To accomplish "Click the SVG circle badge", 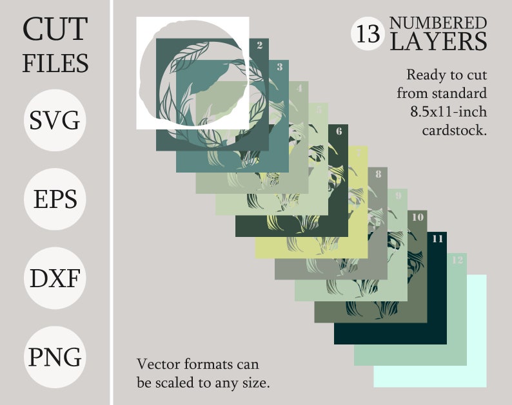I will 55,120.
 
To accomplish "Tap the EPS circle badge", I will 55,200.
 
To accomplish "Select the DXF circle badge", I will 55,279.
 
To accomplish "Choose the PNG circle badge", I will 55,357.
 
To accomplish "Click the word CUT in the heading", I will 55,30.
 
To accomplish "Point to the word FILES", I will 55,63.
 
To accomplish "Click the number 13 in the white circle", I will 368,34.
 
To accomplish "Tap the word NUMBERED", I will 438,24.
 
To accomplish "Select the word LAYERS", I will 438,42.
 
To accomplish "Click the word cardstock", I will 453,130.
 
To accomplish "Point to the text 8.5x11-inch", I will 448,111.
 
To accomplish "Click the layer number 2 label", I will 259,45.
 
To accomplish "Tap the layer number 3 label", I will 279,66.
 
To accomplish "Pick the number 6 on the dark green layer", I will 339,131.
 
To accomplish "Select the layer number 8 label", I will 378,174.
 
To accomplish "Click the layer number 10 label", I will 418,217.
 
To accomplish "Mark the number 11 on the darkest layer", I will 438,238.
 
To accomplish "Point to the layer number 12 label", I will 457,260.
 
